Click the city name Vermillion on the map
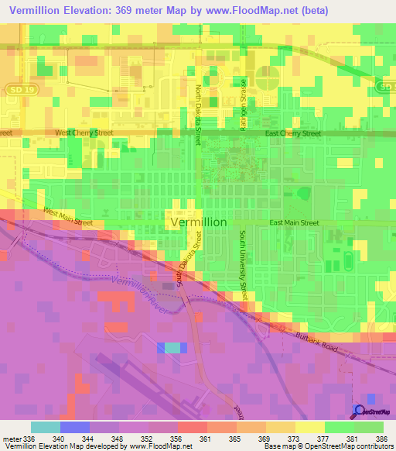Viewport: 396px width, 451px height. (198, 222)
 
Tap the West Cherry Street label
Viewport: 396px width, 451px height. (84, 133)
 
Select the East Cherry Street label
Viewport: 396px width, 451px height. (292, 133)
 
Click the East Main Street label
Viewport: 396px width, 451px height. (294, 223)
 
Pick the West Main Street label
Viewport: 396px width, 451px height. (68, 217)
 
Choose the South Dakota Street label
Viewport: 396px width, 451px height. (188, 266)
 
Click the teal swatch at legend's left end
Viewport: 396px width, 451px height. (45, 427)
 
